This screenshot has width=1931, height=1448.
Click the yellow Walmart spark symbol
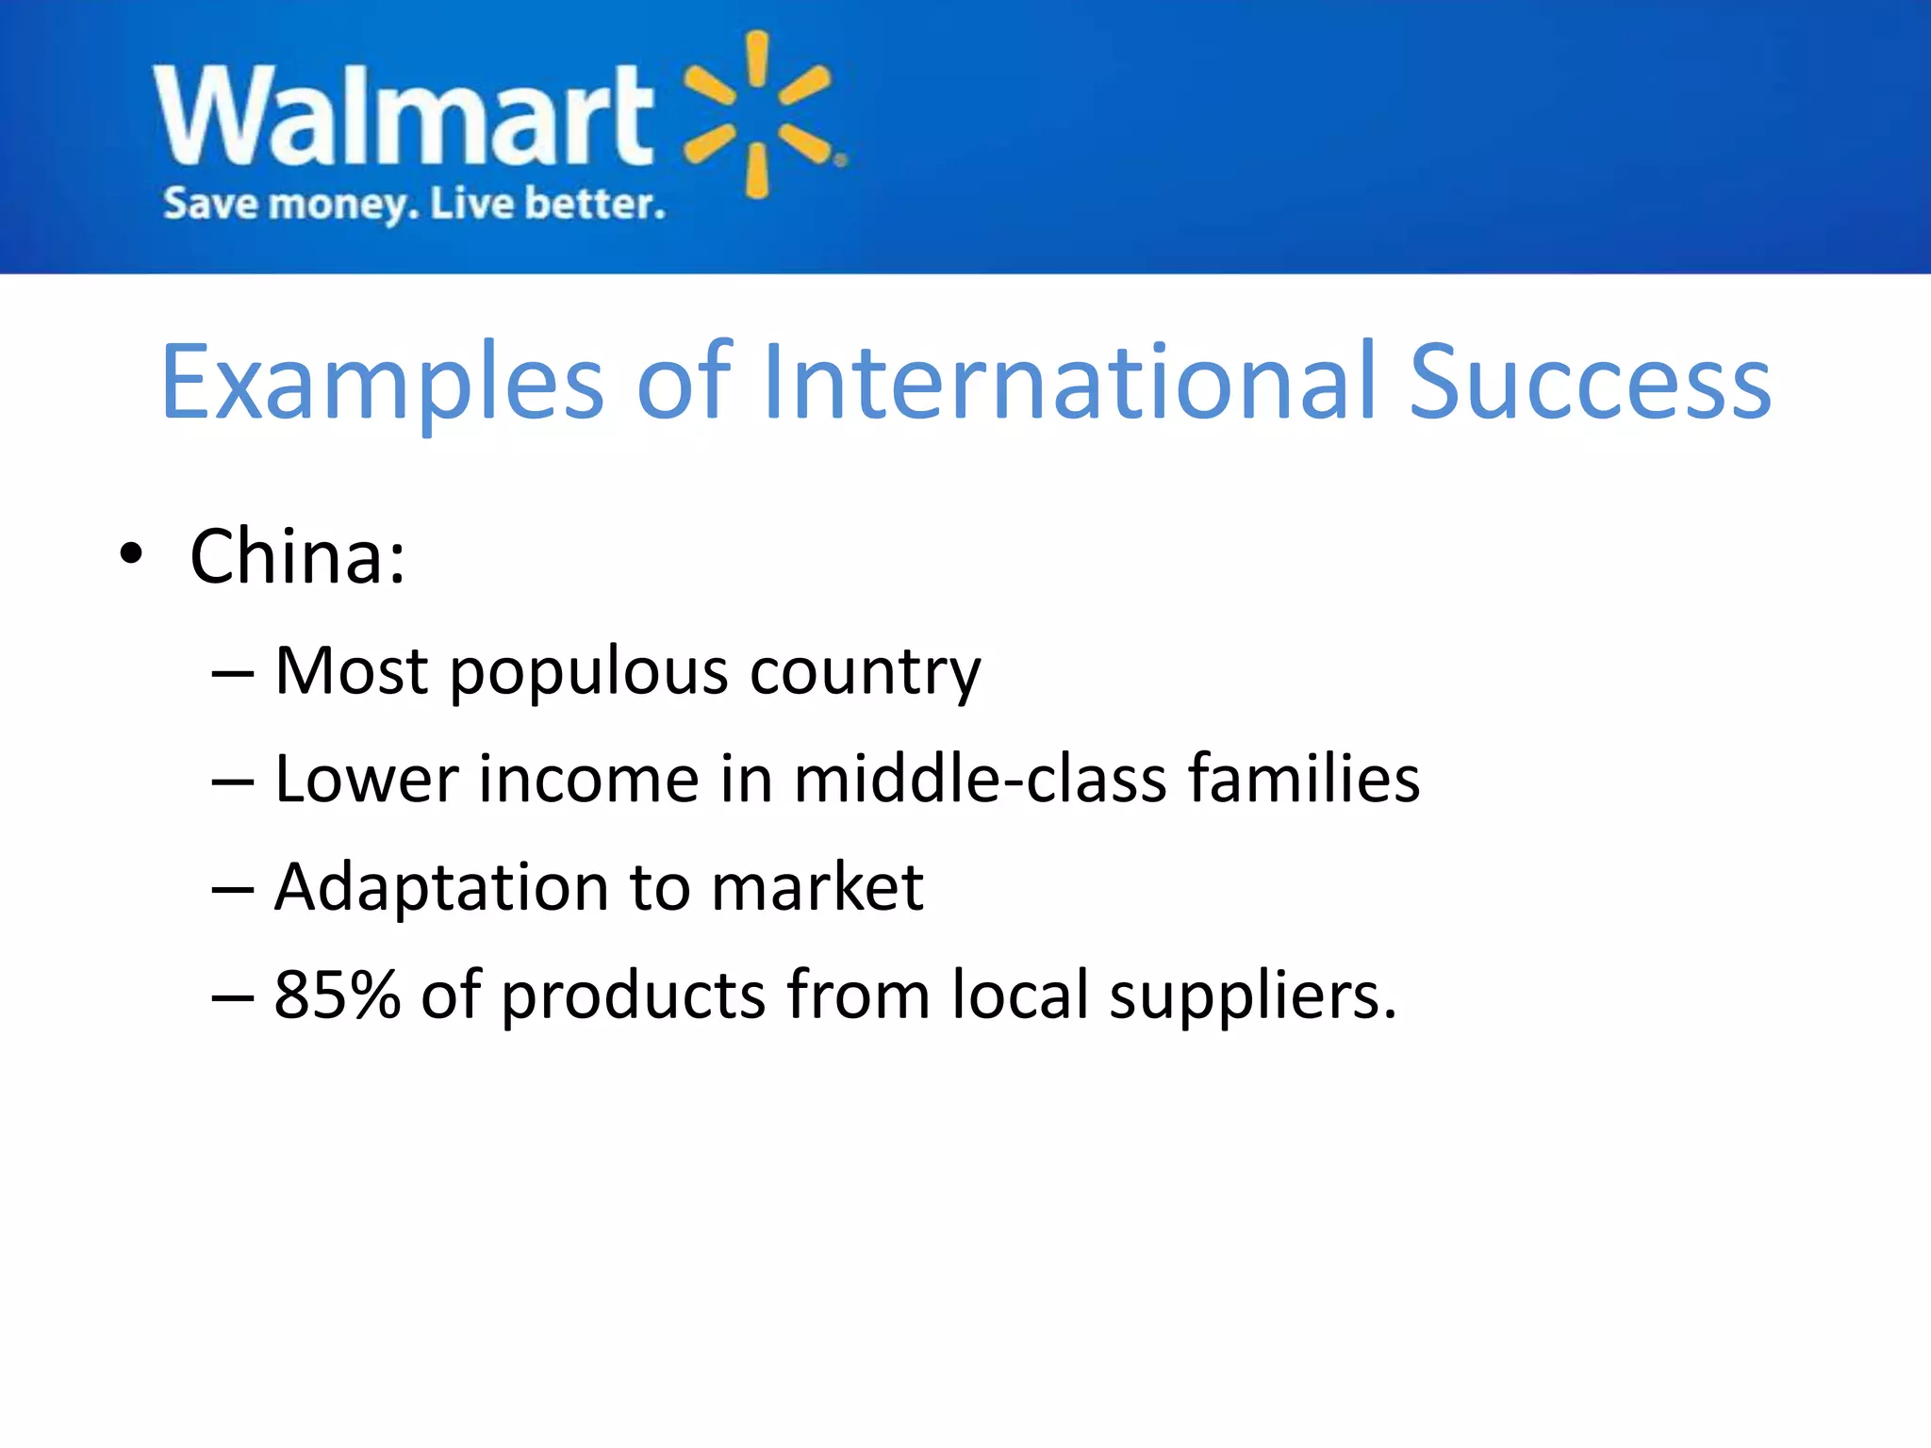pos(758,115)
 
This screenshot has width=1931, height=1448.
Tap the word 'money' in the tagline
pos(343,205)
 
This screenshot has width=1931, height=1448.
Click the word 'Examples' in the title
pos(382,382)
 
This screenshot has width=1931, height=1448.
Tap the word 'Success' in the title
pos(1590,382)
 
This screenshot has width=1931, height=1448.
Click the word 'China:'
pos(298,556)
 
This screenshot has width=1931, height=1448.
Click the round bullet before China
pos(131,554)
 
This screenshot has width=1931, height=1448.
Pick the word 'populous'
pos(589,672)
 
